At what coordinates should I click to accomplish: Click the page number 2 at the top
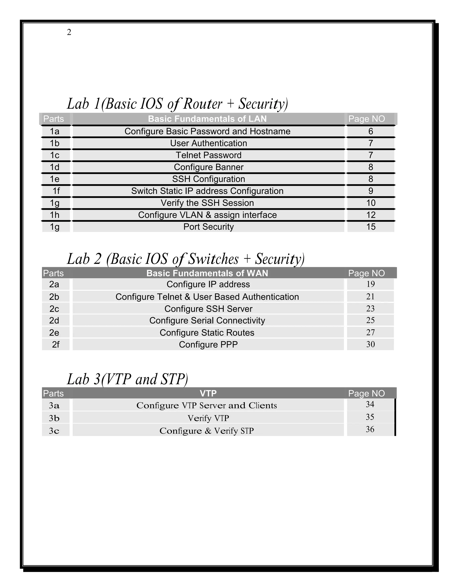69,32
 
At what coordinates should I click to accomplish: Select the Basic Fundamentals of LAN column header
207,119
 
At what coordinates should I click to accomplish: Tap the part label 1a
54,131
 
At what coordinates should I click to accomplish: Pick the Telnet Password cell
208,155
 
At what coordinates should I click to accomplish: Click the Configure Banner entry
208,167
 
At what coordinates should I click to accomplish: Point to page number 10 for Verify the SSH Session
371,203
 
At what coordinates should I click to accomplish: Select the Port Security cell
208,227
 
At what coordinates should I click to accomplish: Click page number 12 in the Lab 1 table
371,215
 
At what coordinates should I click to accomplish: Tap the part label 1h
54,215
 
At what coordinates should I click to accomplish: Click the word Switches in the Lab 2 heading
213,259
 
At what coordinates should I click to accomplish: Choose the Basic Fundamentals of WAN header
207,273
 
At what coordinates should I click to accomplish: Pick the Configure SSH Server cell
208,309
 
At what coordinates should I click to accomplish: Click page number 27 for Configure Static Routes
370,333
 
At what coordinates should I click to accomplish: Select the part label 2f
56,345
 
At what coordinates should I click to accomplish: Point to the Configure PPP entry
208,345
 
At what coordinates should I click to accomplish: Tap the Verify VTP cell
208,418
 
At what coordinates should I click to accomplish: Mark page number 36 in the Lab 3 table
370,429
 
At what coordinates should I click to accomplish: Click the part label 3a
54,405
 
